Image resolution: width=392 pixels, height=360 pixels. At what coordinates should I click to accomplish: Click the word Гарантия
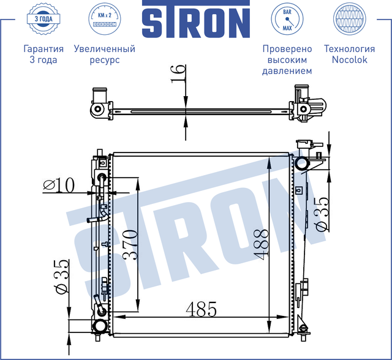coord(43,49)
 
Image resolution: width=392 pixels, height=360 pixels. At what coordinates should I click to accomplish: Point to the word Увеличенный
coord(104,49)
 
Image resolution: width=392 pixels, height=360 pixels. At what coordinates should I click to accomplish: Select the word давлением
coord(287,71)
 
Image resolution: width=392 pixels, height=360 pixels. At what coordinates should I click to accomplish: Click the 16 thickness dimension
coord(178,73)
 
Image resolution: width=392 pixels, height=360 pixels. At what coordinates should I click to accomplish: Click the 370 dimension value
coord(129,245)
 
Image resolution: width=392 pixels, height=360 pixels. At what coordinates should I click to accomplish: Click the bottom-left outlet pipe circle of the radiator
coord(99,328)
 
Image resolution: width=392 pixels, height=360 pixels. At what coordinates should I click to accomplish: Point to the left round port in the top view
coord(96,110)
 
